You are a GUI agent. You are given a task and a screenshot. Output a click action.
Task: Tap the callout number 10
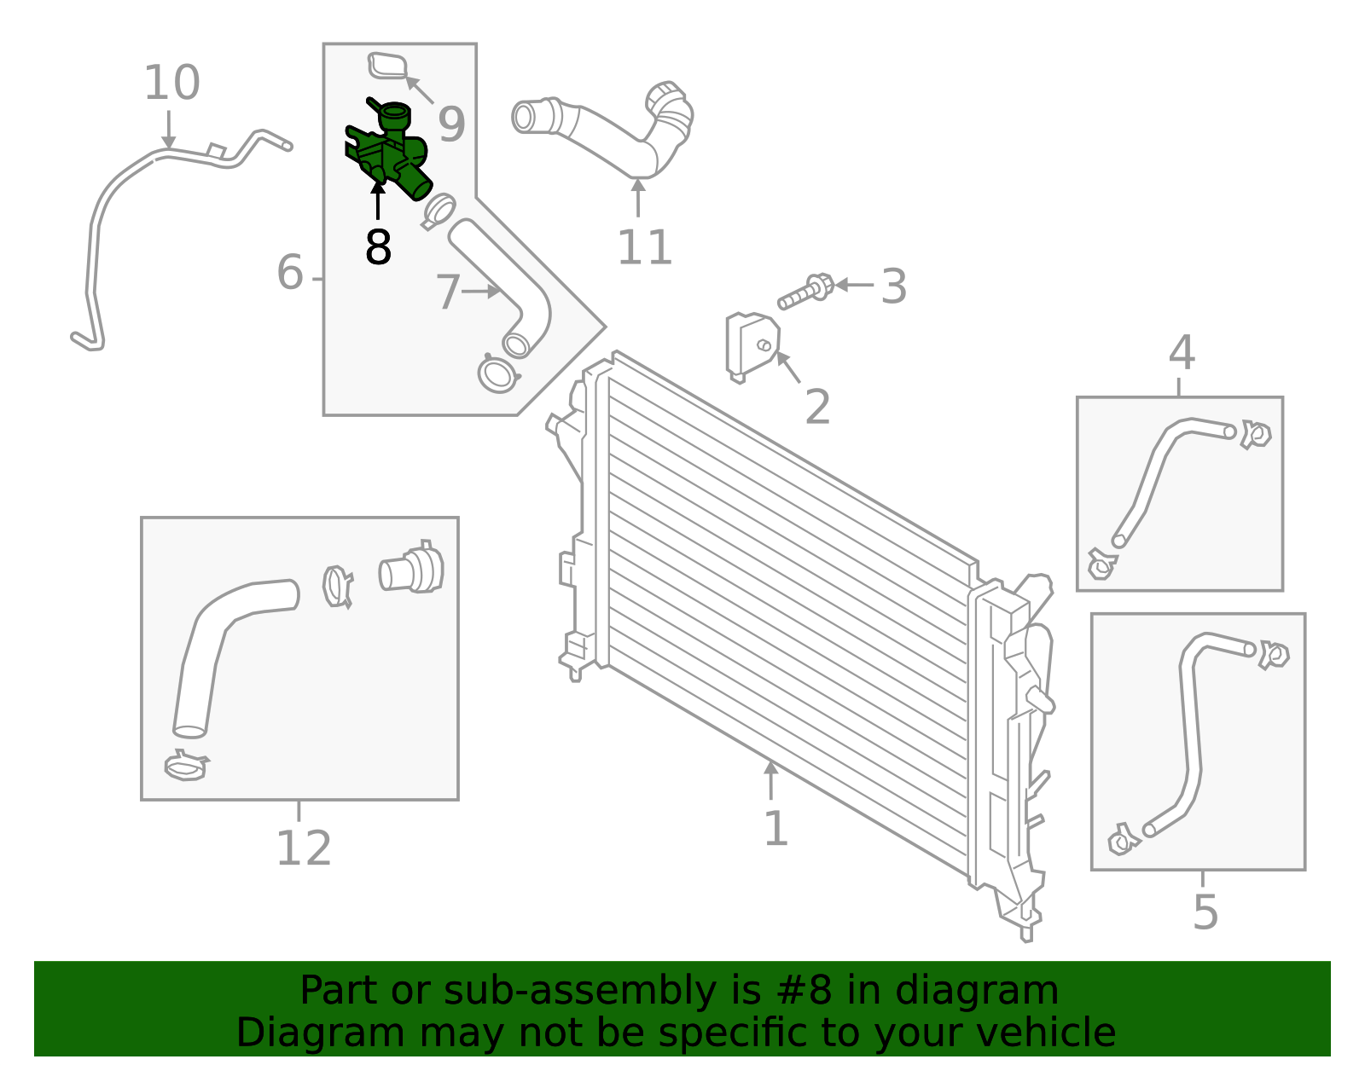click(171, 84)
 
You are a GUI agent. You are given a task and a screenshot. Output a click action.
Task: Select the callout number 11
click(644, 248)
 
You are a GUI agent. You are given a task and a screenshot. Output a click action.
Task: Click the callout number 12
click(303, 848)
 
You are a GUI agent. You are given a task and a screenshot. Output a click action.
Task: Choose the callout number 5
click(1205, 912)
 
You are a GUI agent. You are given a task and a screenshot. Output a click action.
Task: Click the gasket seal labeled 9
click(388, 67)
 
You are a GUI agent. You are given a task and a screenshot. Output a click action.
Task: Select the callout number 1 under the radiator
click(775, 828)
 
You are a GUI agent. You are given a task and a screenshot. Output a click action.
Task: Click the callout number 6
click(290, 273)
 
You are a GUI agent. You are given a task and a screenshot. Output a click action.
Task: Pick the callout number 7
click(448, 292)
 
